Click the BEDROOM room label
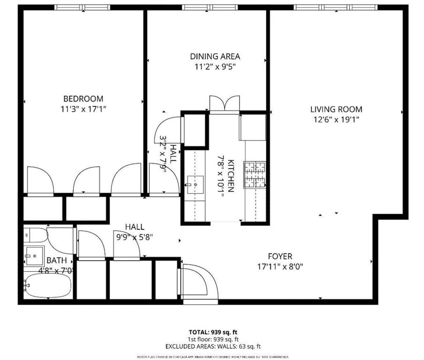coord(83,99)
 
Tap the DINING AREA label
coord(215,56)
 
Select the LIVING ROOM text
coord(336,109)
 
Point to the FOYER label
coord(280,256)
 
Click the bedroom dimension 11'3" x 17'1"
coord(83,109)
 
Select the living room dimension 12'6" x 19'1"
coord(336,120)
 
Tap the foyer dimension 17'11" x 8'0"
coord(280,267)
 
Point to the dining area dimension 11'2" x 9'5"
coord(215,67)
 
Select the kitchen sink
coord(194,184)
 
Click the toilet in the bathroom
coord(36,234)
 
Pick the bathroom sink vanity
coord(34,256)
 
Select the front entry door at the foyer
coord(199,281)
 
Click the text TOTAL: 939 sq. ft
coord(213,332)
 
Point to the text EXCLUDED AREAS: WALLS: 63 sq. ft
coord(213,346)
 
